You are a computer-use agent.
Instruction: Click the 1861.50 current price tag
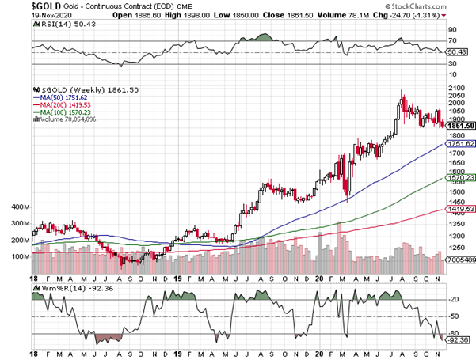coord(460,126)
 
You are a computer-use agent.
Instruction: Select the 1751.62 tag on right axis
coord(460,144)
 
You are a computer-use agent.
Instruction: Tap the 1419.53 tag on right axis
coord(460,209)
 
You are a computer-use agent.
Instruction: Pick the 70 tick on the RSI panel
coord(452,39)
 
